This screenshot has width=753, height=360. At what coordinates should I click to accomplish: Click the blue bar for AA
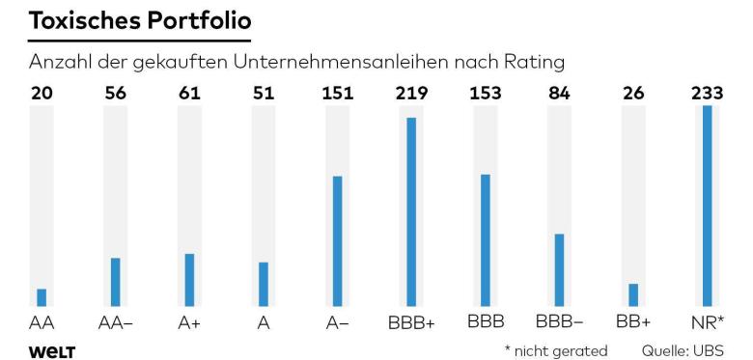click(x=42, y=297)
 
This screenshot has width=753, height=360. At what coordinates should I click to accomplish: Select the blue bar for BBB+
click(x=411, y=211)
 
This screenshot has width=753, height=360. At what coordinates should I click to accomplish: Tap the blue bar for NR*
click(x=708, y=206)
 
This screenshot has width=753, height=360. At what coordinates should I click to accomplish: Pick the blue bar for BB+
click(x=633, y=294)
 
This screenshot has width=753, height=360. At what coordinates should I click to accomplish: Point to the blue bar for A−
click(x=338, y=241)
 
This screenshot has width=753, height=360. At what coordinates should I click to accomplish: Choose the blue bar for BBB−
click(x=560, y=270)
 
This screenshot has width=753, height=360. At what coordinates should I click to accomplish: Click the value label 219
click(x=411, y=93)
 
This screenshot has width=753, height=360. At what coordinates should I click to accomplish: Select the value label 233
click(x=708, y=93)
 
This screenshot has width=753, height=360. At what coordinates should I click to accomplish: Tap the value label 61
click(x=189, y=93)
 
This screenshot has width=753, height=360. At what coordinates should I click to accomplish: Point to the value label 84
click(x=560, y=93)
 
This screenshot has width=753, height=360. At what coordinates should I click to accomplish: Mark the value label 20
click(x=42, y=93)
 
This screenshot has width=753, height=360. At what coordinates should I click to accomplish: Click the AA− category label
click(x=115, y=323)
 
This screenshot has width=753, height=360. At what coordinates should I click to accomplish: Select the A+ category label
click(x=189, y=323)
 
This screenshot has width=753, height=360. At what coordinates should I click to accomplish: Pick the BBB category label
click(x=486, y=321)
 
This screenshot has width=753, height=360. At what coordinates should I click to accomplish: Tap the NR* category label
click(x=708, y=323)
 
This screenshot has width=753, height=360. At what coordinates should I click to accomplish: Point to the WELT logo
click(x=52, y=352)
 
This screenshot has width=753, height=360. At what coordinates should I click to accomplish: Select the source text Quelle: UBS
click(x=683, y=351)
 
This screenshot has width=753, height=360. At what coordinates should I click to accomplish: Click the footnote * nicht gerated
click(x=556, y=351)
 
